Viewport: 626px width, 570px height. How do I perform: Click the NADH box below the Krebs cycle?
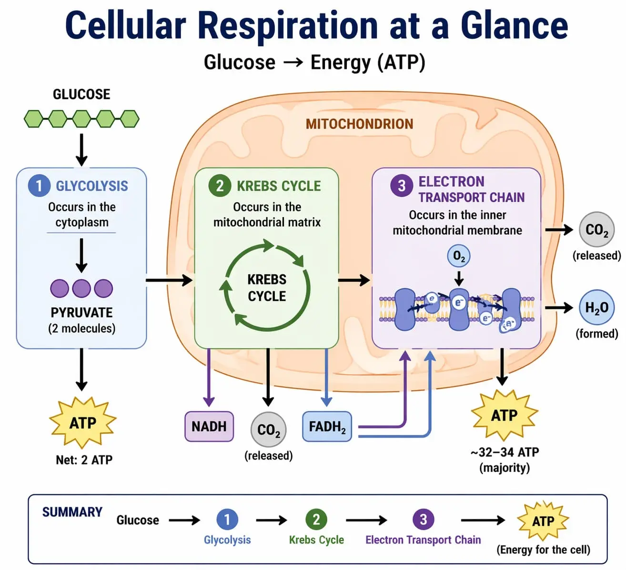pyautogui.click(x=209, y=426)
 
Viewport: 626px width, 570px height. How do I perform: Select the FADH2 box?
pyautogui.click(x=327, y=426)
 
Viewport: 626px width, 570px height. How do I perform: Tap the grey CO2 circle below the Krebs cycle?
pyautogui.click(x=269, y=430)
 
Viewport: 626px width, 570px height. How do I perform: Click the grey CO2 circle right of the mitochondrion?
pyautogui.click(x=596, y=230)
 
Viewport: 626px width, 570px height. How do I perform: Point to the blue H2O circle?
pyautogui.click(x=596, y=308)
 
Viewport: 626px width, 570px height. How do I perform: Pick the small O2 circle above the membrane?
pyautogui.click(x=459, y=257)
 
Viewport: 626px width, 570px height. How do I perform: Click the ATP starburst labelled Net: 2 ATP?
pyautogui.click(x=83, y=423)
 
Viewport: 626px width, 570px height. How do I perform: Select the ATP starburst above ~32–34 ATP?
pyautogui.click(x=504, y=415)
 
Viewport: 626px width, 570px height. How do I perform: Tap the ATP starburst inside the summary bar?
pyautogui.click(x=543, y=521)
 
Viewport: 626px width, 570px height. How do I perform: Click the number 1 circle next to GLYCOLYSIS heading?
pyautogui.click(x=39, y=186)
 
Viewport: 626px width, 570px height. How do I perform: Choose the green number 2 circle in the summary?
pyautogui.click(x=316, y=519)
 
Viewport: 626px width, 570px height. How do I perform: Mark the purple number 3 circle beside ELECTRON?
pyautogui.click(x=402, y=186)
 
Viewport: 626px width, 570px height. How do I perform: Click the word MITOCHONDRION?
pyautogui.click(x=359, y=124)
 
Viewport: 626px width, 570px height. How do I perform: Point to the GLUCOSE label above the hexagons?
pyautogui.click(x=81, y=94)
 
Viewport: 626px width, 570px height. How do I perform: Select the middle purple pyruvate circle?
pyautogui.click(x=81, y=288)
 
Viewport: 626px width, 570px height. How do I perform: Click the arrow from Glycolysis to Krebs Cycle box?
pyautogui.click(x=169, y=280)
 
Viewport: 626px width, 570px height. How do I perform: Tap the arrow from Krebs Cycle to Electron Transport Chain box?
pyautogui.click(x=354, y=280)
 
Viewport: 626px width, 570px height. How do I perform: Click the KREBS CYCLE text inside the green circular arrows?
pyautogui.click(x=267, y=288)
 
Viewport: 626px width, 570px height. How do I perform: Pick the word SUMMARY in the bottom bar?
pyautogui.click(x=72, y=512)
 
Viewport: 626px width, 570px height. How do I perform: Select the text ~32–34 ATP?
pyautogui.click(x=505, y=452)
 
